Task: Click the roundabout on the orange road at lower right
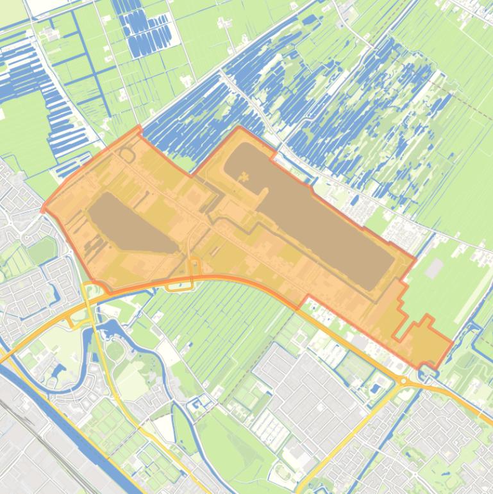(404, 381)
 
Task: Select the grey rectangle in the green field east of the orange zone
(434, 268)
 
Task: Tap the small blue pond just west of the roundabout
(375, 388)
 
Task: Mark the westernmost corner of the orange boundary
(43, 209)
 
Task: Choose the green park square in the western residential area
(41, 250)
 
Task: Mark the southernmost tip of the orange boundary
(422, 368)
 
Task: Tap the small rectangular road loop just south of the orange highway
(179, 283)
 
